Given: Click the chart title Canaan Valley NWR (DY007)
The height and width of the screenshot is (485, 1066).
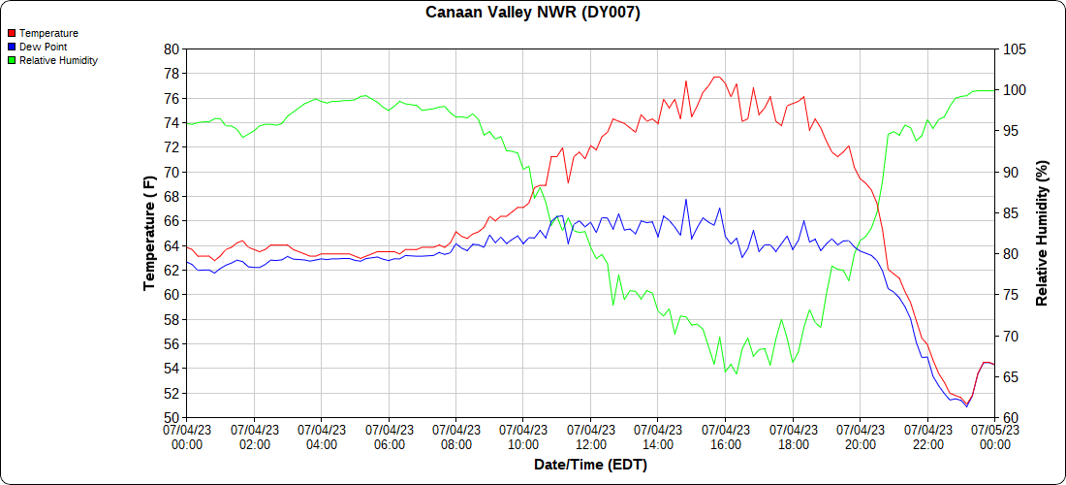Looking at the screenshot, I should pos(533,13).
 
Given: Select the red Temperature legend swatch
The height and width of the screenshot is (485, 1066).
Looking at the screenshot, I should pos(11,33).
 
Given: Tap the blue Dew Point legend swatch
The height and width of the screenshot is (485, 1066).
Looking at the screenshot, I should pos(11,47).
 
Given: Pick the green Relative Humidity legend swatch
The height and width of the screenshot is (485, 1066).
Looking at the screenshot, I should pos(11,60).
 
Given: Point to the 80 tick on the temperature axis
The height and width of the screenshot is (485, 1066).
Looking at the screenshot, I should pos(172,48).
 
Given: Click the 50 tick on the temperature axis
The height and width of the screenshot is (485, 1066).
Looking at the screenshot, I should pos(172,418).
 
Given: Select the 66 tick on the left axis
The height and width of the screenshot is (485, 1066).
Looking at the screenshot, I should pos(172,221).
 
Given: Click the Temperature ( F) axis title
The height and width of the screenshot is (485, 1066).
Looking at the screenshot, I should pos(148,233).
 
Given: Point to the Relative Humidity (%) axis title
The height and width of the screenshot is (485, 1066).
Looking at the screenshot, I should pos(1043,233).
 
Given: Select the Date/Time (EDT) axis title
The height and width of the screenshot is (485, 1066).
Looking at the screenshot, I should pos(590,465).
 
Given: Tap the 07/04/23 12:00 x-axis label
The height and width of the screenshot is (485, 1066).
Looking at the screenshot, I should pos(590,437).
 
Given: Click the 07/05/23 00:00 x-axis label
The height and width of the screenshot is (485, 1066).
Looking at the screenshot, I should pos(994,437).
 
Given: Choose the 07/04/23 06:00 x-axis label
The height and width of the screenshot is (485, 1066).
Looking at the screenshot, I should pos(389,437).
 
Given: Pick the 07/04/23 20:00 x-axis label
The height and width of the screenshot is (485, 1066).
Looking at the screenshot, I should pos(860,437).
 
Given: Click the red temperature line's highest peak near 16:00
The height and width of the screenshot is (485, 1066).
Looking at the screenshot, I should pos(716,77).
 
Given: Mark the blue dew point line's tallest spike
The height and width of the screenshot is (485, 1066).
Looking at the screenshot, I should pos(686,200).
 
